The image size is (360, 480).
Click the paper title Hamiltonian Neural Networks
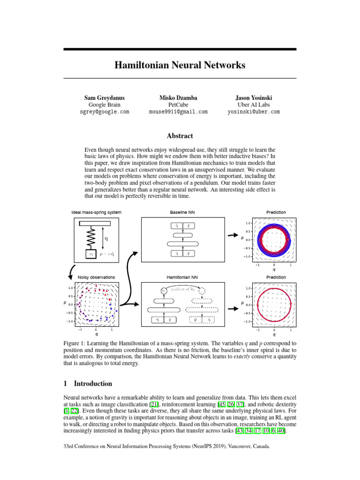coord(180,65)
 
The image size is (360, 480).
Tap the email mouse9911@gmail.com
coord(178,112)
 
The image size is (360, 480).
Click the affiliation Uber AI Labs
coord(254,105)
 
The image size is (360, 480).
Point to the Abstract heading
coord(180,136)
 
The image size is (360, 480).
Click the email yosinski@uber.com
coord(254,112)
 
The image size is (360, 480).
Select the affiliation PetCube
coord(178,105)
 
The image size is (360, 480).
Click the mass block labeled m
coord(91,254)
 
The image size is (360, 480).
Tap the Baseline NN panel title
coord(182,212)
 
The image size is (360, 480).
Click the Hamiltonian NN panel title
coord(182,277)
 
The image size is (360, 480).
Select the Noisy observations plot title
coord(96,277)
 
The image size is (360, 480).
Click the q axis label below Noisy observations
coord(97,335)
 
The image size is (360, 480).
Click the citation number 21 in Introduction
coord(153,404)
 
